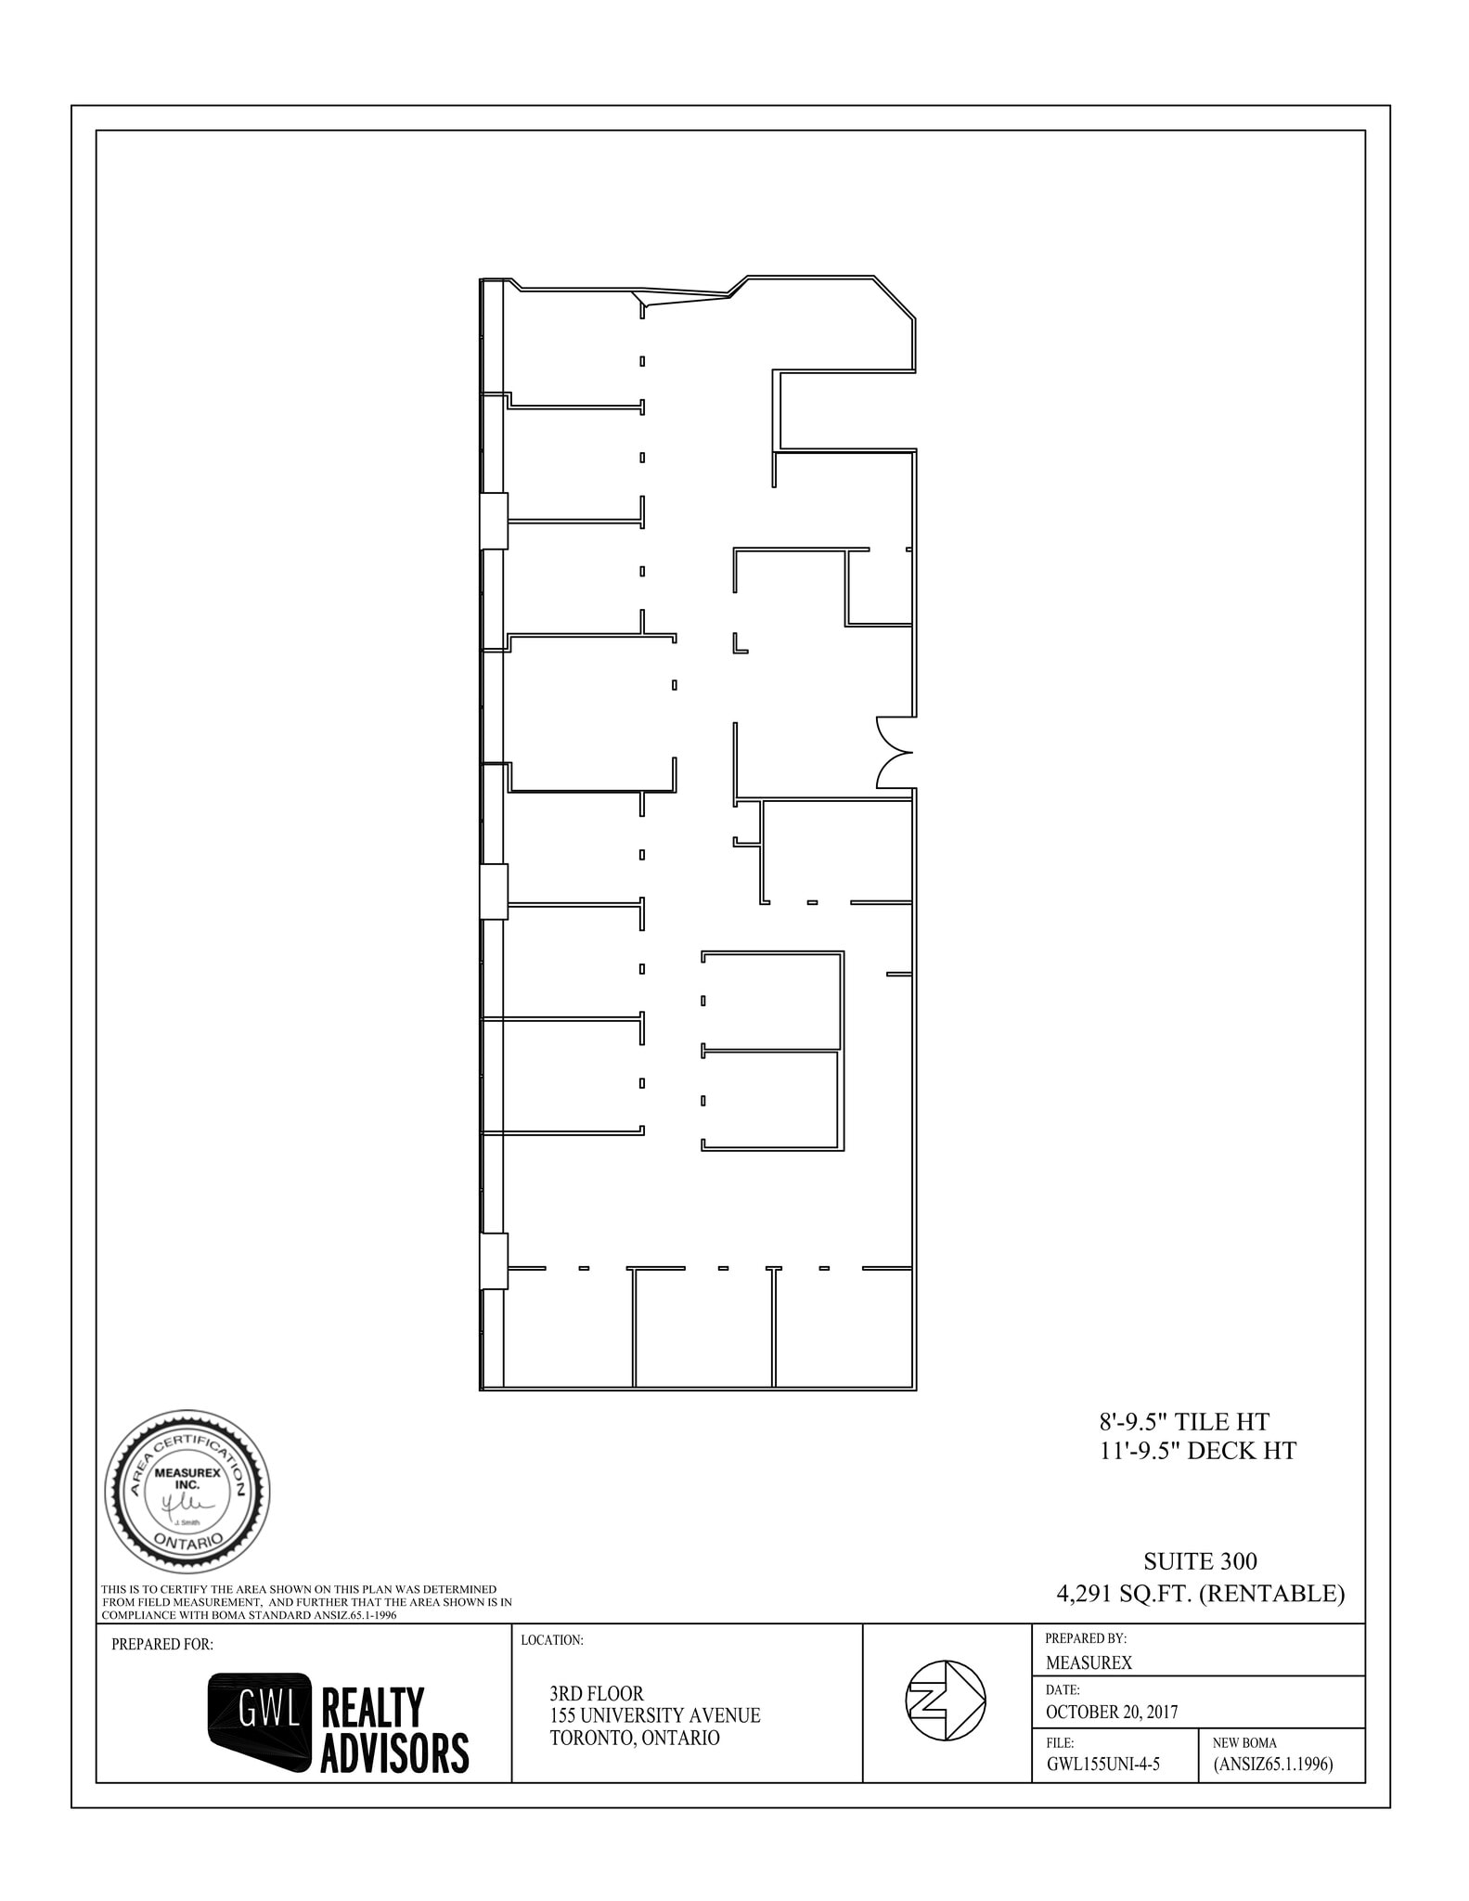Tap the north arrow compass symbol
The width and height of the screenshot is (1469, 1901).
[x=945, y=1701]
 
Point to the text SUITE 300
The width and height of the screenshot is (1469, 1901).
[x=1200, y=1562]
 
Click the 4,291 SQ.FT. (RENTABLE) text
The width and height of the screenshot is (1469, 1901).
[x=1200, y=1594]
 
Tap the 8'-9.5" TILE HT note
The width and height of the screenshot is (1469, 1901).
[x=1183, y=1421]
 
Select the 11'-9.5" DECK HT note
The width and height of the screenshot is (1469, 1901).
[x=1197, y=1451]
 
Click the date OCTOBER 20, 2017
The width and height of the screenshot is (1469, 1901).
[x=1111, y=1712]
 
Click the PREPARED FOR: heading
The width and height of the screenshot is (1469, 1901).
[x=162, y=1645]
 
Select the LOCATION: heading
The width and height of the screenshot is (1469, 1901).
[x=552, y=1640]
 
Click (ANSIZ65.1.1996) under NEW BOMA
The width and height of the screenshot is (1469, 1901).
[x=1272, y=1765]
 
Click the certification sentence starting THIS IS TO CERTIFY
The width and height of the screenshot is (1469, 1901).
[x=306, y=1602]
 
